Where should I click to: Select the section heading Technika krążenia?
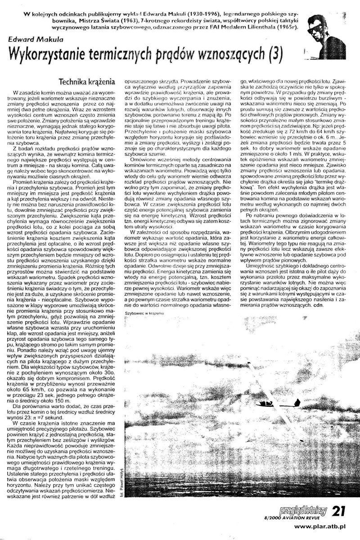tap(88, 82)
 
